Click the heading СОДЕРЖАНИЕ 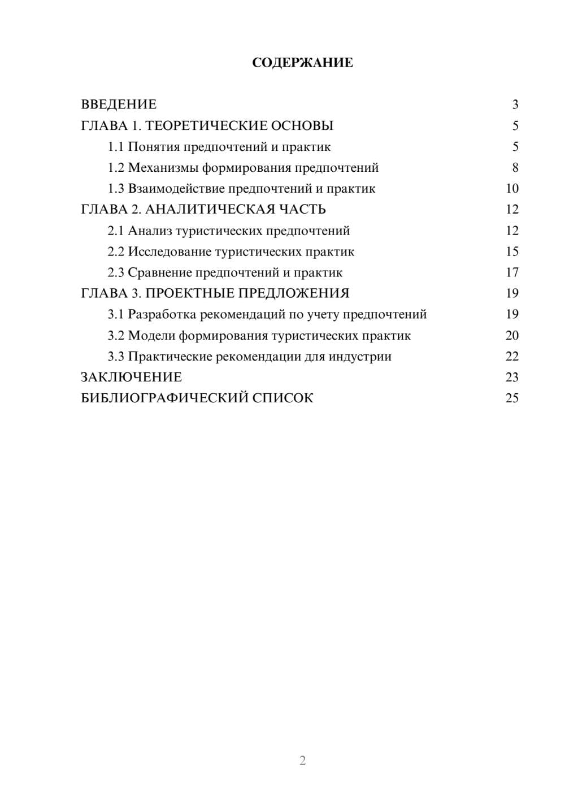point(302,63)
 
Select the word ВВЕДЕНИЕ point(119,105)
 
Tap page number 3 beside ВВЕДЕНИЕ point(515,105)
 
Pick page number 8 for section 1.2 point(515,168)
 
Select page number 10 point(512,189)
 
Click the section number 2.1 point(116,231)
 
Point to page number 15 point(512,251)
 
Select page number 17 point(512,272)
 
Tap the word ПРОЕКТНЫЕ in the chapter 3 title point(190,293)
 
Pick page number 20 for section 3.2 point(512,336)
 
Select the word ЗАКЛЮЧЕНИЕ point(131,377)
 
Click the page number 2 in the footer point(302,761)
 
